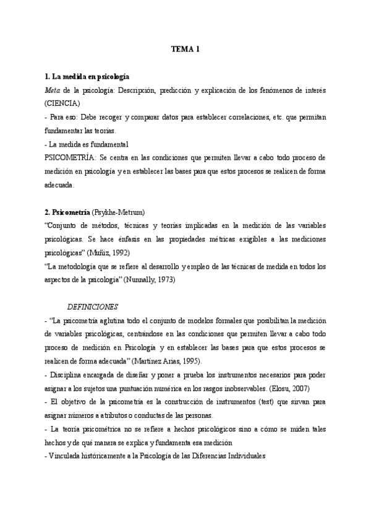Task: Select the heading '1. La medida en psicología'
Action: [87, 77]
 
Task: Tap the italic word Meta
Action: [52, 90]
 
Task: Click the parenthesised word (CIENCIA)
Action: [62, 103]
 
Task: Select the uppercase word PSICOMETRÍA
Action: [70, 157]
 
